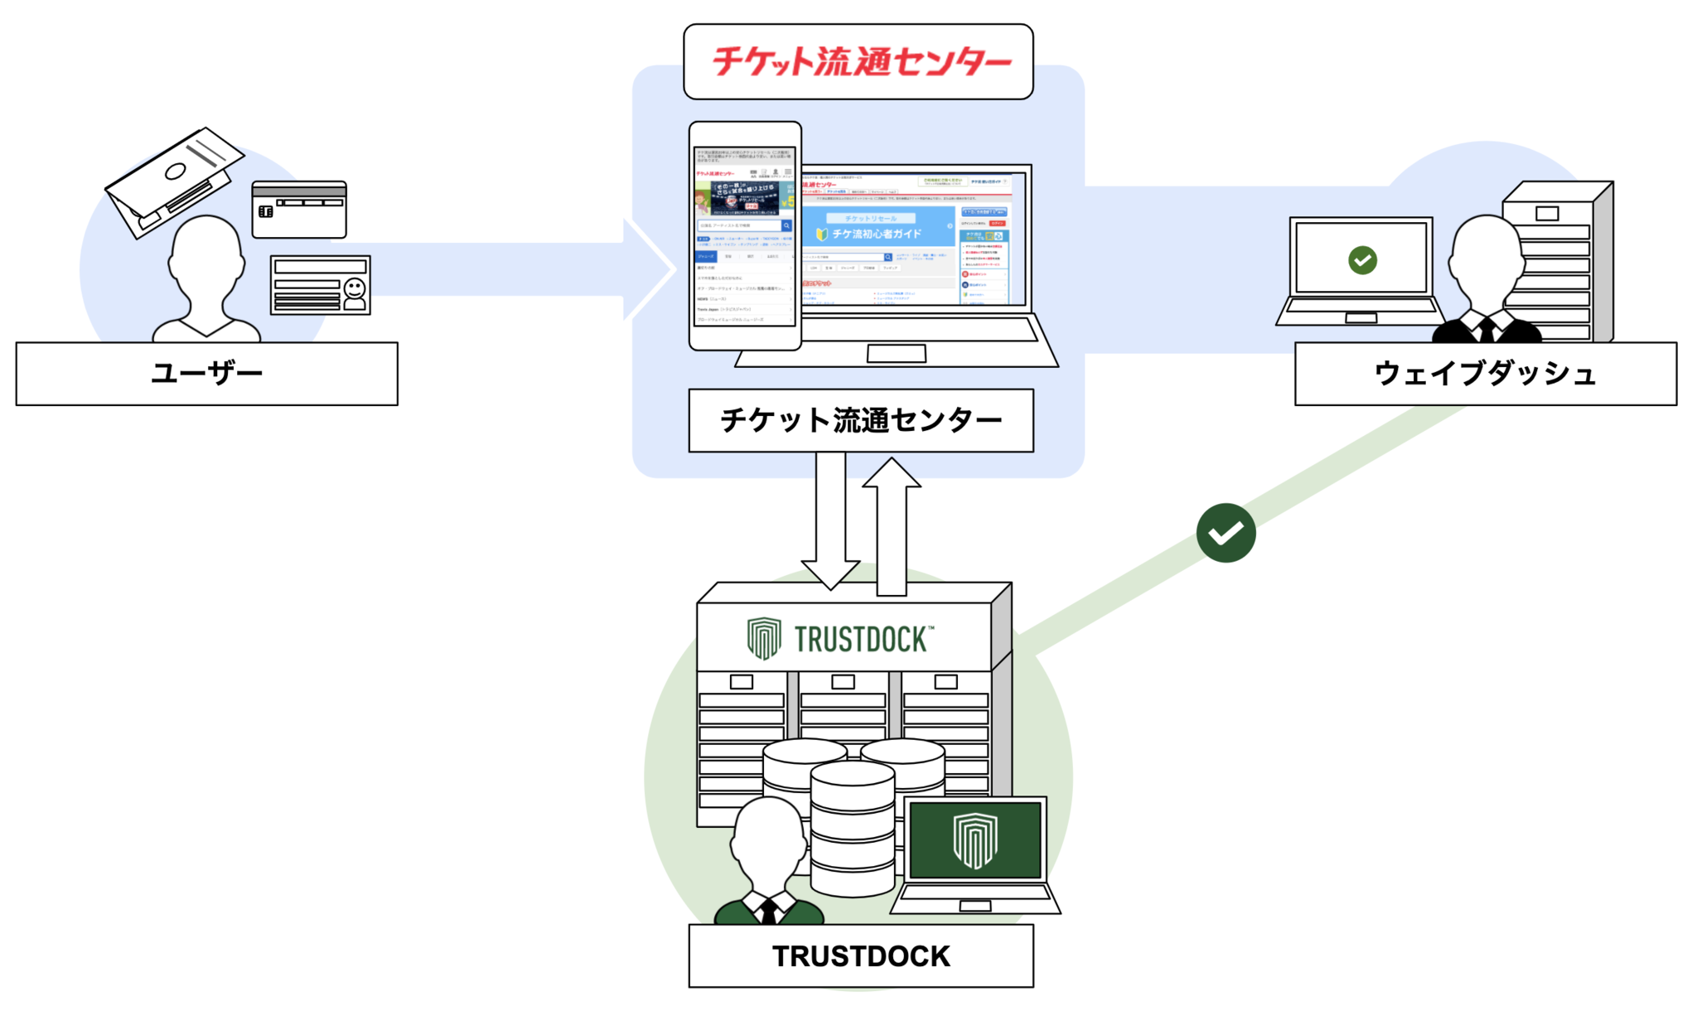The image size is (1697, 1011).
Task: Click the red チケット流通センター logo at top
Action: pos(860,61)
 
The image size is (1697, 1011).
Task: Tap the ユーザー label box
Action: pos(206,374)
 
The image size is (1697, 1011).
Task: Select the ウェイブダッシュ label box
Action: pos(1485,374)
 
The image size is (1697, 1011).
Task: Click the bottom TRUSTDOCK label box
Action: pos(860,955)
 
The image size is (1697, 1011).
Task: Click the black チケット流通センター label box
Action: pos(860,420)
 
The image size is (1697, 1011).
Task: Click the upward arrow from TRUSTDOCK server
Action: pos(892,526)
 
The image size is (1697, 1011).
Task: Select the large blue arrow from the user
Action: pos(514,269)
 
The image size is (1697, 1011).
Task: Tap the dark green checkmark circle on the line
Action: pos(1226,533)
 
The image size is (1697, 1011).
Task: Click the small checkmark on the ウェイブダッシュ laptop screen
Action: pos(1362,260)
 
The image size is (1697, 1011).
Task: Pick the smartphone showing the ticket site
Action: pos(745,236)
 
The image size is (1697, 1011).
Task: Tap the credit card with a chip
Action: pos(299,210)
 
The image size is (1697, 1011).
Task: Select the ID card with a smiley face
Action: pos(321,285)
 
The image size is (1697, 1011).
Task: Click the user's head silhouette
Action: pos(206,257)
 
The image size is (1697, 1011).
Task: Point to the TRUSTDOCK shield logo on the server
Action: pos(763,638)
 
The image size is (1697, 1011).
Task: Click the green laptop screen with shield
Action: pos(974,839)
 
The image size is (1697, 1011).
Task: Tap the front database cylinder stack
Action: pos(853,829)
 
